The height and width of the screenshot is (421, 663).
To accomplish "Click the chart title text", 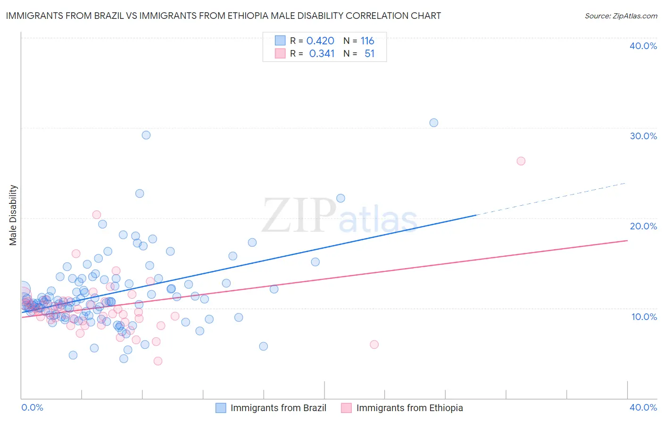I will (x=224, y=16).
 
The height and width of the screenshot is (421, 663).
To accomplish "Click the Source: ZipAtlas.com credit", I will (x=621, y=16).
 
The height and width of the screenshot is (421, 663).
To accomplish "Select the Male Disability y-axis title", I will (x=13, y=215).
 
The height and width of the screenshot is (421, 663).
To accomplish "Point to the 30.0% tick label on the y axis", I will (x=643, y=136).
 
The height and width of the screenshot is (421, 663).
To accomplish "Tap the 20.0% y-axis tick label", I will (x=643, y=226).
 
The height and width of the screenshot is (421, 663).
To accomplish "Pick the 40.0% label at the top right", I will (x=643, y=46).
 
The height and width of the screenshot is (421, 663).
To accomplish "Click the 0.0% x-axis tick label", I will (x=32, y=407).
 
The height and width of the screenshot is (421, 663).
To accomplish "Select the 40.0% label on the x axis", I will (x=643, y=407).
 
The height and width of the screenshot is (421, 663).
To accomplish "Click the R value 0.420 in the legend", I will (x=320, y=41).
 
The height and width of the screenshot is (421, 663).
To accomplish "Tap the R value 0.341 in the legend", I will (x=322, y=54).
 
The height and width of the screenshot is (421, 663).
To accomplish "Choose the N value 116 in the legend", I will (x=367, y=41).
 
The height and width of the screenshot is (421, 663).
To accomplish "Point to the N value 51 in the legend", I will (x=369, y=54).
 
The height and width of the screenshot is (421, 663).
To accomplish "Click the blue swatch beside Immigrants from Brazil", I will (x=221, y=408).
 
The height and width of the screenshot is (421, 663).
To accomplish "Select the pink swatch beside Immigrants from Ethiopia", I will (x=347, y=408).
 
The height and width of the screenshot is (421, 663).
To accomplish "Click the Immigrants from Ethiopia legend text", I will (x=409, y=408).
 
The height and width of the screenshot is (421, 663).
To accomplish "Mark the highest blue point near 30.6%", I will (x=434, y=123).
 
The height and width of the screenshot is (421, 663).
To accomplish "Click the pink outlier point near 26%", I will (x=521, y=161).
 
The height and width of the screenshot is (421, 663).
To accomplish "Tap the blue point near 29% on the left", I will (x=146, y=135).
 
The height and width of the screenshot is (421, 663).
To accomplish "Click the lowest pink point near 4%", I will (x=158, y=361).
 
